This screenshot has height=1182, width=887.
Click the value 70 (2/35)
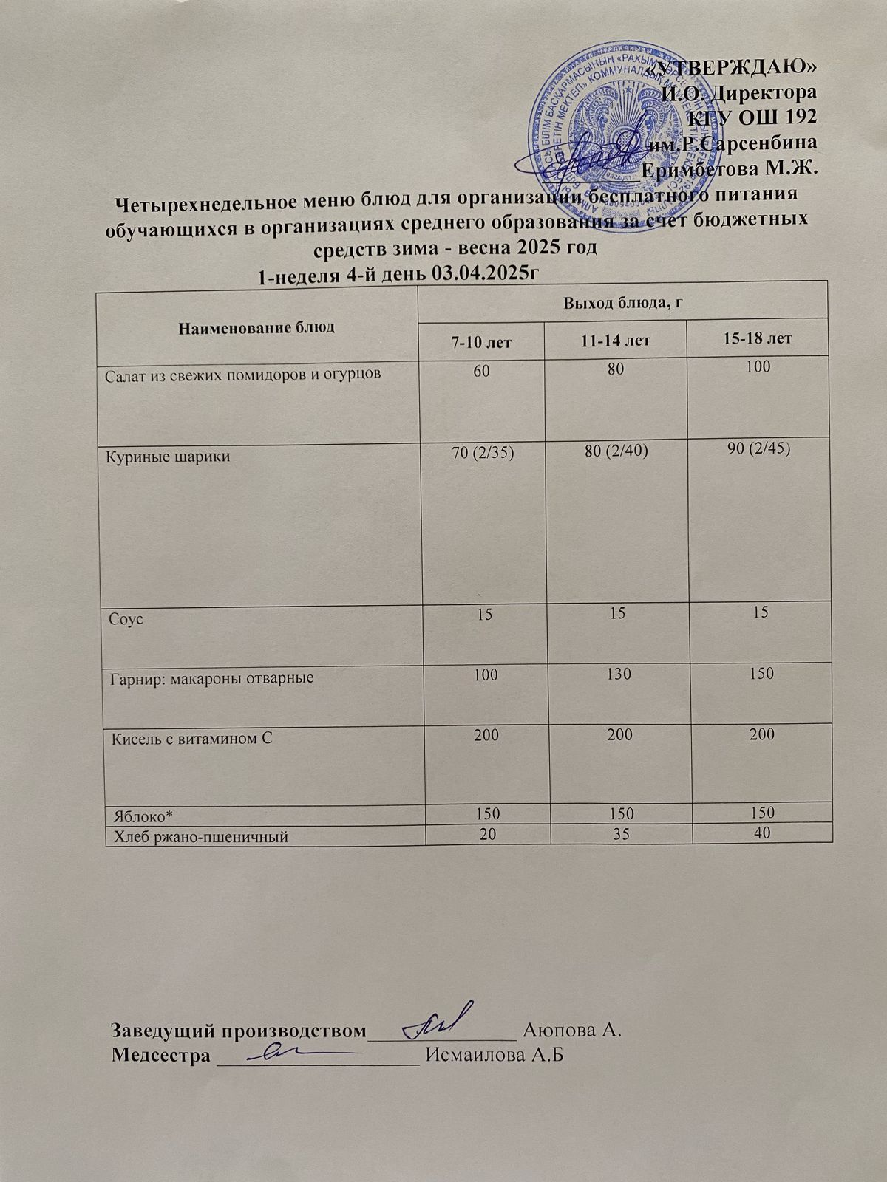coord(482,452)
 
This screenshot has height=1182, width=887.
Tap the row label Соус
coord(126,619)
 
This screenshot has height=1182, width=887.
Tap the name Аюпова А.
coord(570,1029)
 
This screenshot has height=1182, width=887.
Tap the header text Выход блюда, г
coord(622,303)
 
